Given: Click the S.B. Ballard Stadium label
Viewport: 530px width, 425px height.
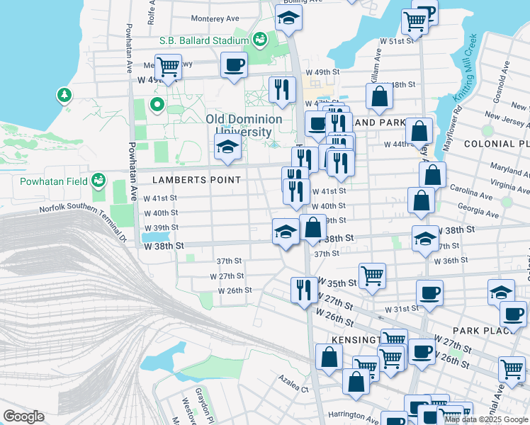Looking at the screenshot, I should [194, 40].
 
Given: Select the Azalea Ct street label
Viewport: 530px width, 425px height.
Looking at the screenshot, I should [294, 389].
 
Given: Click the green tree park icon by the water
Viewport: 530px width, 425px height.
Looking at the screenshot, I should [64, 94].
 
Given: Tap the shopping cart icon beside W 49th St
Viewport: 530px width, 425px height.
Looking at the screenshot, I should [168, 67].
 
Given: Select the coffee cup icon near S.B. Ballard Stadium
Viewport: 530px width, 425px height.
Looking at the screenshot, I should [234, 65].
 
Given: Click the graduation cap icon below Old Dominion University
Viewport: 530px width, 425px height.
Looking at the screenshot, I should [227, 147].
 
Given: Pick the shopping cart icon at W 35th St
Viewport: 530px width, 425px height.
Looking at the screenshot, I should [372, 274].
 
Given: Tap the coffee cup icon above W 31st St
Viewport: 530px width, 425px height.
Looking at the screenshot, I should [429, 292].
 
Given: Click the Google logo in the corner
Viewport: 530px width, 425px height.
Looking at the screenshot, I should [23, 416].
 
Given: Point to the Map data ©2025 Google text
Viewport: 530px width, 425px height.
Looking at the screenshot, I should [486, 419].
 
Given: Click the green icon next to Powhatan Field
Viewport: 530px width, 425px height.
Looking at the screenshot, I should [98, 181].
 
